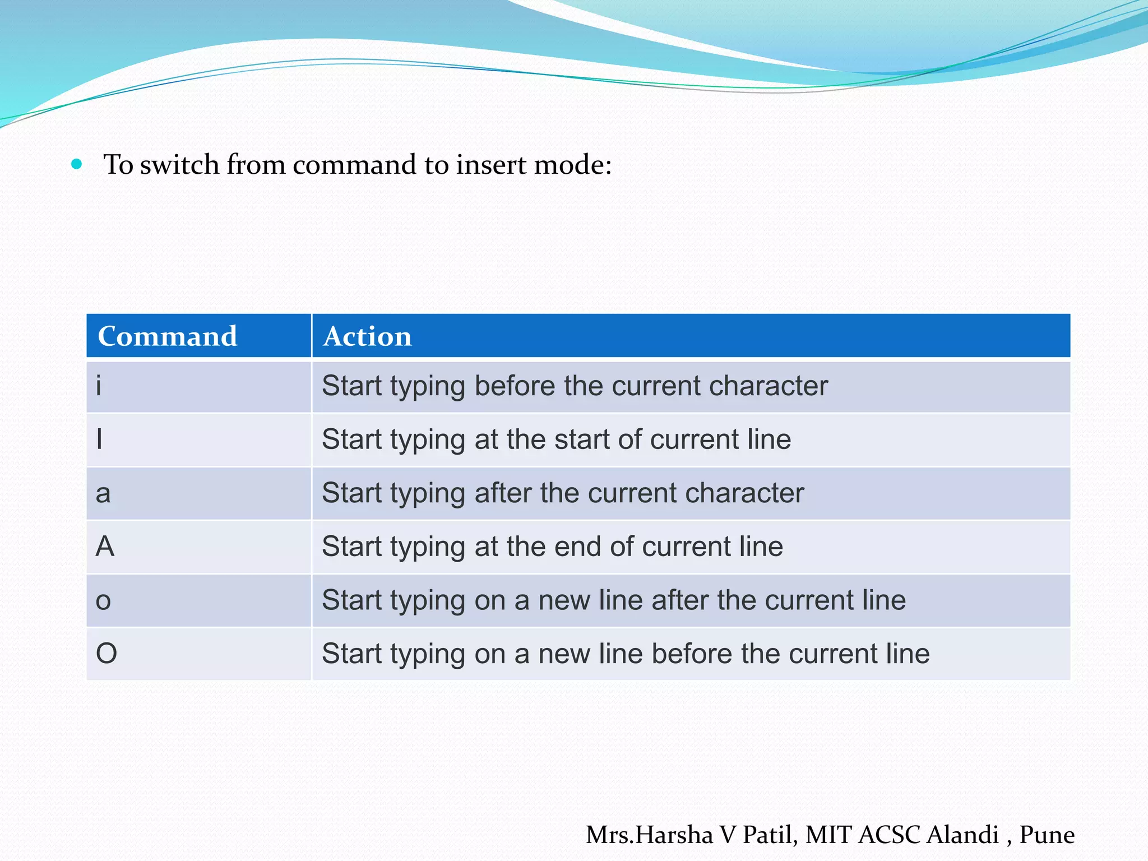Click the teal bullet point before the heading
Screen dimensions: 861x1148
(x=77, y=164)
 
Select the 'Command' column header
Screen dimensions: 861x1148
(x=167, y=336)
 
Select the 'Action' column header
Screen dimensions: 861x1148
(x=367, y=336)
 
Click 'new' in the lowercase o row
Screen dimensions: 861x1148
(x=564, y=600)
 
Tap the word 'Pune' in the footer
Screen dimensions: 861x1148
(x=1047, y=835)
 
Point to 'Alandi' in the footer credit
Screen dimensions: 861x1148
(x=962, y=835)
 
